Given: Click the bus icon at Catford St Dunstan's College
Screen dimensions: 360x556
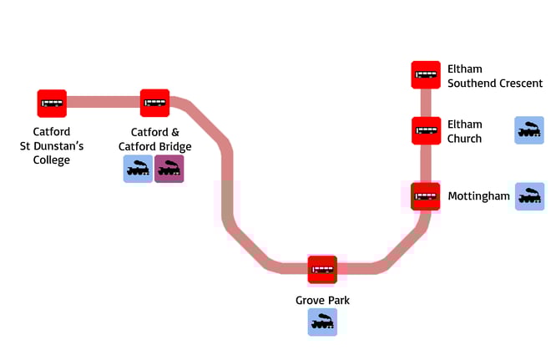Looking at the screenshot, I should (x=52, y=103).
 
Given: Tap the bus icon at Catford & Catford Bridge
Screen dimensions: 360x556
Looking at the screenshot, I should (x=154, y=103).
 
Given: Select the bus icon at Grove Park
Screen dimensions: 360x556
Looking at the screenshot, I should (x=322, y=269).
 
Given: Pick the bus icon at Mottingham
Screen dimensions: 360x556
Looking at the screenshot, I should (x=426, y=196).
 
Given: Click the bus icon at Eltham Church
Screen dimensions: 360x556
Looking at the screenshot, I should (x=426, y=130).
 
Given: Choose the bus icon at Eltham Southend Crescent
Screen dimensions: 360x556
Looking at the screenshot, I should (x=426, y=74).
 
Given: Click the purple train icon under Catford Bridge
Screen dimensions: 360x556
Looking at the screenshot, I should (x=169, y=169).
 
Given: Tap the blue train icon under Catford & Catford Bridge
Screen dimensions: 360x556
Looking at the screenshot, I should (x=138, y=169).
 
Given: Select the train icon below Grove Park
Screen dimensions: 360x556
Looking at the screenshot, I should (x=322, y=322).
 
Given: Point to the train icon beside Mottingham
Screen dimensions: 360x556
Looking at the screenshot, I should (x=529, y=196).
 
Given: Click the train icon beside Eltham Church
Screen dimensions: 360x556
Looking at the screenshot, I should (x=529, y=130).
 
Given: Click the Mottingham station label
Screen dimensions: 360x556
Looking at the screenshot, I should (x=478, y=196).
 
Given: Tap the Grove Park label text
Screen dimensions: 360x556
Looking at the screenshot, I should (x=316, y=299).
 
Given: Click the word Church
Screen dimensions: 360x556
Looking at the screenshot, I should (x=464, y=139).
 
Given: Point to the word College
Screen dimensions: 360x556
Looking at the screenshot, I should (x=52, y=160).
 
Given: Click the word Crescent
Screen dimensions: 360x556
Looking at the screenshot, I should (x=520, y=83).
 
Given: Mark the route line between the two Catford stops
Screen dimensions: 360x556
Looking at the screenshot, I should (x=103, y=103).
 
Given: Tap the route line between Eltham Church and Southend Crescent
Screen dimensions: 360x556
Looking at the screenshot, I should (x=426, y=102).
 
